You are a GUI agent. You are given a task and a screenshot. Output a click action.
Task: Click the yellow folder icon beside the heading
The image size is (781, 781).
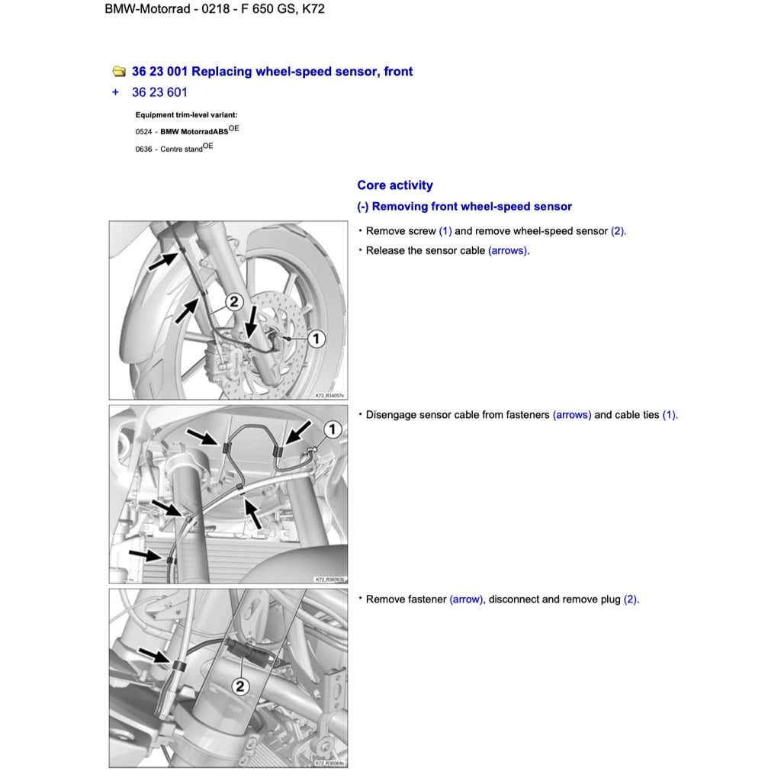tap(119, 72)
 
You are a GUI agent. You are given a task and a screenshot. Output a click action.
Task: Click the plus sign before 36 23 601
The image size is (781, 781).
tap(115, 92)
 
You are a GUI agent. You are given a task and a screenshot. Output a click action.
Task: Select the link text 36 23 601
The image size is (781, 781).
tap(159, 92)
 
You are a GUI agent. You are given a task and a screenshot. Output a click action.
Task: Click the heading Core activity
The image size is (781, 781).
tap(394, 185)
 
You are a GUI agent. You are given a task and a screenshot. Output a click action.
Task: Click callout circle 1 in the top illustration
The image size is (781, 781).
tap(316, 339)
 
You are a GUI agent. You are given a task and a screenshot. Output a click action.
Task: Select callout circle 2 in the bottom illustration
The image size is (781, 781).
tap(240, 686)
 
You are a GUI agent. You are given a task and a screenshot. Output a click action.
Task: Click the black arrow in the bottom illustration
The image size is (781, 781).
tap(155, 657)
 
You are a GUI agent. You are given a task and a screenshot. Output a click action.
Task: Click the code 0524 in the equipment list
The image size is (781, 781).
tap(143, 132)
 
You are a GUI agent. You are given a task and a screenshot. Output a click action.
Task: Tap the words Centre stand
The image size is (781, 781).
tap(182, 149)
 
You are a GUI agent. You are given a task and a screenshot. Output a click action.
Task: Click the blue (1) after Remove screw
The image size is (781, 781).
tap(445, 231)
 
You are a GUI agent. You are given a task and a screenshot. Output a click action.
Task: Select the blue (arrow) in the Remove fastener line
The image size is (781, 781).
tap(466, 599)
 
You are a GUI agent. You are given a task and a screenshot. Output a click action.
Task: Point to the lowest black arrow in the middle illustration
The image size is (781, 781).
tap(145, 554)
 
